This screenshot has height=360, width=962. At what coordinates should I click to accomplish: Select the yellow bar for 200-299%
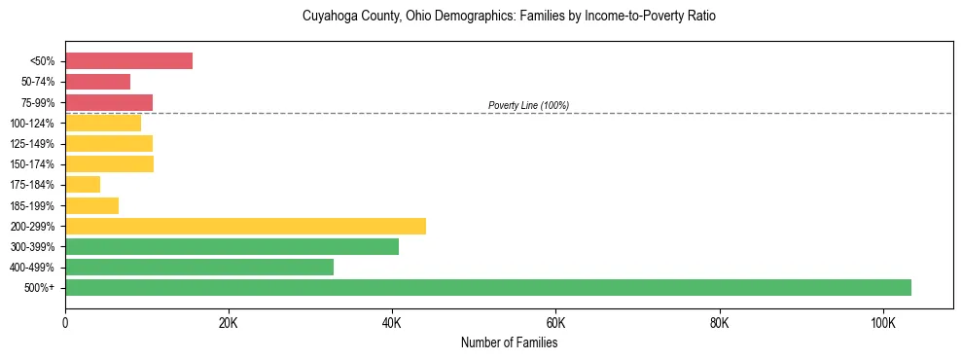point(245,226)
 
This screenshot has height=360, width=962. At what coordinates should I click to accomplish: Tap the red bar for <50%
point(128,60)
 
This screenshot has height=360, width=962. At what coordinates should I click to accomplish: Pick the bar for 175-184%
point(83,184)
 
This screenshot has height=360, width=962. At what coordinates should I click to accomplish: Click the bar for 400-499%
point(199,267)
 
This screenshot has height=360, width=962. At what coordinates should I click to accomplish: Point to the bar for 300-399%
point(232,246)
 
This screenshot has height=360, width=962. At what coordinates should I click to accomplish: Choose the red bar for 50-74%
point(97,81)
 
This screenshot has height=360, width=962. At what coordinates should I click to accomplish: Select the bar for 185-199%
point(91,205)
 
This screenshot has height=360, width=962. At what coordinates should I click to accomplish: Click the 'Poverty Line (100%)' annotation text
point(528,105)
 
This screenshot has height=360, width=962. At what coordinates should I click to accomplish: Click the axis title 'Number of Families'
point(509,342)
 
